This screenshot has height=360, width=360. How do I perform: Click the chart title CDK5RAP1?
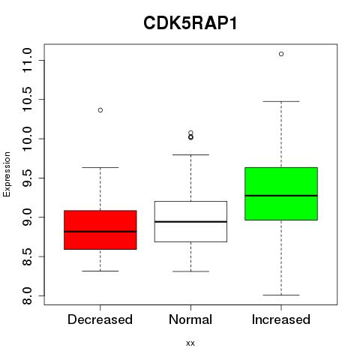coord(190,23)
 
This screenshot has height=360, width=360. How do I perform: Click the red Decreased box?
coord(100,229)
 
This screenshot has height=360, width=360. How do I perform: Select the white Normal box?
coord(190,221)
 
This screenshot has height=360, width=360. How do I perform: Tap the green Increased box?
coord(281,193)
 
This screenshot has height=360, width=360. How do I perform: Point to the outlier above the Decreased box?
coord(100,110)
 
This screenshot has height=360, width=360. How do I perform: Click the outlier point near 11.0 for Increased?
coord(281,54)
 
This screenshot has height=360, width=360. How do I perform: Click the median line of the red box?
coord(100,232)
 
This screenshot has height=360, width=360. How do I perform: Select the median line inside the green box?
coord(281,196)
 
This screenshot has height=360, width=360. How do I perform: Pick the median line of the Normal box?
coord(190,222)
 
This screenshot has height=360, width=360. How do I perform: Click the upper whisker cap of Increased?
coord(281,101)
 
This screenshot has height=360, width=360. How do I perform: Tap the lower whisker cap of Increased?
coord(281,295)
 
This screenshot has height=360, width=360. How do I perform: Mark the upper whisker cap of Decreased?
coord(100,167)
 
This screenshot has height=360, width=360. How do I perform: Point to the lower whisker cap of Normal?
coord(190,271)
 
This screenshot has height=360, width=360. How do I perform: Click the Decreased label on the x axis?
coord(100,319)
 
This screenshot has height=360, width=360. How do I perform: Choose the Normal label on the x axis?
coord(190,319)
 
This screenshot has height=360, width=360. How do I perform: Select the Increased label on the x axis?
coord(281,319)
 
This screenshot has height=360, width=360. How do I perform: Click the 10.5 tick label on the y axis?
coord(27,99)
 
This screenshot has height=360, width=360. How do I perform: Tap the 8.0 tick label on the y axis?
coord(27,295)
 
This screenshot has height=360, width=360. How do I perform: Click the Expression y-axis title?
coord(7,174)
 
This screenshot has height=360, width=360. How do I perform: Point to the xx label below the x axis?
coord(190,343)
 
